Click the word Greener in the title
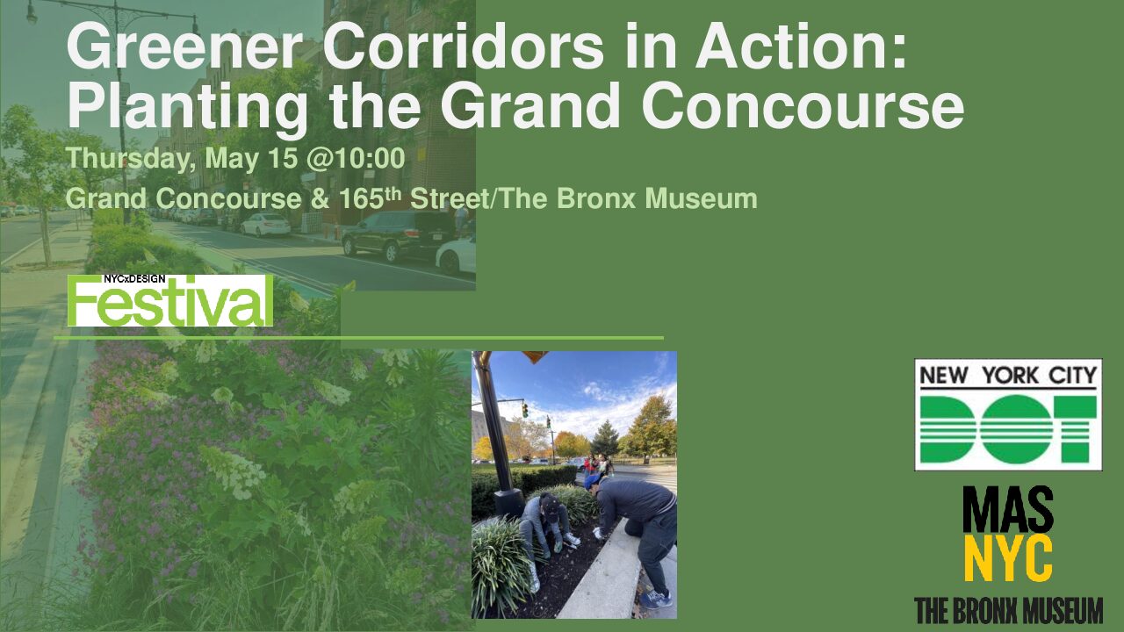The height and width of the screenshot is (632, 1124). point(184,47)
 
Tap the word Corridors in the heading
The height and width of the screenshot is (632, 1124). point(463,47)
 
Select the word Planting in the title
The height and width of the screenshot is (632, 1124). point(188,106)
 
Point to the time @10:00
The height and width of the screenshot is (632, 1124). point(355,159)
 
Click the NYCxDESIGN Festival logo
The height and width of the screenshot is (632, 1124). point(170,300)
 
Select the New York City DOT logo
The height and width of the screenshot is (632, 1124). point(1008,414)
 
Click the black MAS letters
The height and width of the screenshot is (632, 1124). point(1008,510)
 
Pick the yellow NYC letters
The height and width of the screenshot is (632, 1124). point(1008,557)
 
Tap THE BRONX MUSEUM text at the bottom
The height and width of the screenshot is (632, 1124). point(1009,610)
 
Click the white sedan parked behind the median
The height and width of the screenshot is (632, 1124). point(265,224)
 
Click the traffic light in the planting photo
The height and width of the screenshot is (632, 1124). point(525,410)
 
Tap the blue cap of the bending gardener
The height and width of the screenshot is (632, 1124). point(593,480)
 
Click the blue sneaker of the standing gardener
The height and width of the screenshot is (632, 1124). point(656,599)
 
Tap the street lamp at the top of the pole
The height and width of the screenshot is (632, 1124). point(32,16)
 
